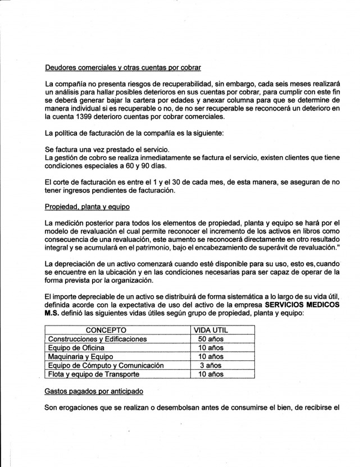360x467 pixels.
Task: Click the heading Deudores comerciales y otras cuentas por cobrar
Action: click(122, 68)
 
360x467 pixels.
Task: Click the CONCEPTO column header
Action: click(106, 330)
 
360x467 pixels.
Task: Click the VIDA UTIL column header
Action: click(211, 330)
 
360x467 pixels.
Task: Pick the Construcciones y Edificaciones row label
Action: click(98, 339)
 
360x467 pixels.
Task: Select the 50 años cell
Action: click(209, 339)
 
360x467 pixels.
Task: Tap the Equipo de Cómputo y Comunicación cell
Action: click(107, 365)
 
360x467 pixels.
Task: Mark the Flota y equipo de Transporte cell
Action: click(93, 374)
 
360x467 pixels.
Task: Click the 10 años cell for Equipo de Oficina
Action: click(209, 347)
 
